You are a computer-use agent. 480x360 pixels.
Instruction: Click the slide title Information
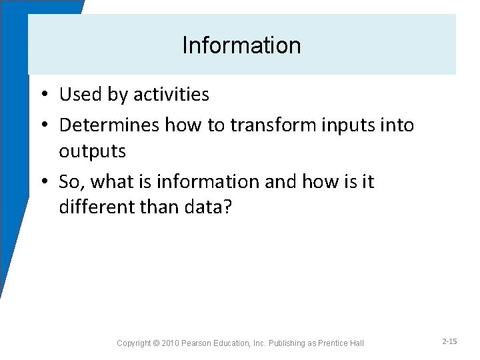[x=241, y=46]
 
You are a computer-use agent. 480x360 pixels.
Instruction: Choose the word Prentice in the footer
[x=337, y=343]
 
